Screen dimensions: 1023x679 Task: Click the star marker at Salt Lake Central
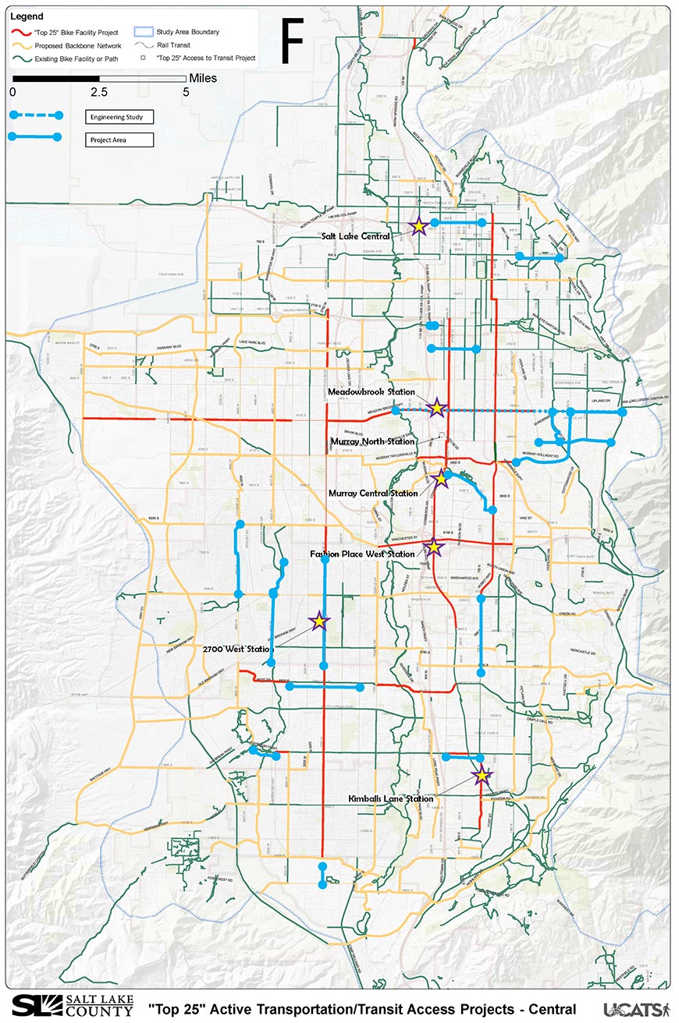[x=418, y=226]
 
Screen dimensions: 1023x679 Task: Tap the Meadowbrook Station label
[x=371, y=391]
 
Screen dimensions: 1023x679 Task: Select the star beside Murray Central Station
[x=441, y=478]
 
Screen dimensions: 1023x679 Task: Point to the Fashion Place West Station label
[x=362, y=554]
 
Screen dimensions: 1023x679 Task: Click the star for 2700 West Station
[x=318, y=621]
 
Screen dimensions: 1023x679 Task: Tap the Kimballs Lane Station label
[x=390, y=799]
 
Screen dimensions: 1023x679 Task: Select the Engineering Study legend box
[x=119, y=117]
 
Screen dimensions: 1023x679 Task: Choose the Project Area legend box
[x=119, y=140]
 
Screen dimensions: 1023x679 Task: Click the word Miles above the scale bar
[x=203, y=79]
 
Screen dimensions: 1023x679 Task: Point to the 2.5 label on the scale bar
[x=99, y=92]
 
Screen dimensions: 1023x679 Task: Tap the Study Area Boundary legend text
[x=187, y=32]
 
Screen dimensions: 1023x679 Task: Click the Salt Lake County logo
[x=73, y=1006]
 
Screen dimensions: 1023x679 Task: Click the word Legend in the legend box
[x=27, y=16]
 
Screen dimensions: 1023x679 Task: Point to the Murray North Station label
[x=374, y=442]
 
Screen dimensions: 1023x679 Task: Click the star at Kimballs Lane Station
[x=482, y=775]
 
